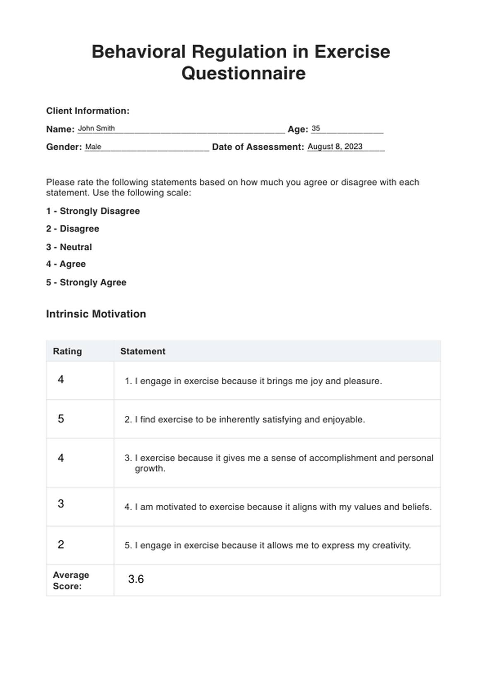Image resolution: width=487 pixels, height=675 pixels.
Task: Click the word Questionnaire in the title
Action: tap(243, 73)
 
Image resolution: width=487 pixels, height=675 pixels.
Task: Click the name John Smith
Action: tap(96, 128)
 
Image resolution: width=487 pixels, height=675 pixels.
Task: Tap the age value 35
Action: tap(316, 128)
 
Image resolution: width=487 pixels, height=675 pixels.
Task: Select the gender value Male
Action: tap(93, 147)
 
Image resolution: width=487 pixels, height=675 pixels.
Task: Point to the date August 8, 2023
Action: tap(335, 147)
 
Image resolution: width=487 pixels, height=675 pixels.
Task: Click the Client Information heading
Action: tap(88, 111)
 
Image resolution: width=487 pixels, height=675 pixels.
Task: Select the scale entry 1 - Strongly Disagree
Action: tap(93, 211)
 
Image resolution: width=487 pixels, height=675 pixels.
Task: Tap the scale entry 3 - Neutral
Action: tap(69, 247)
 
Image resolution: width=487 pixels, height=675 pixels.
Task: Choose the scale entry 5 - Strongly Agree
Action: tap(86, 282)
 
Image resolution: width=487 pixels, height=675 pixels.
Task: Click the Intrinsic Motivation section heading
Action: tap(96, 314)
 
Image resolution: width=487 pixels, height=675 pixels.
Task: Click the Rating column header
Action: tap(68, 351)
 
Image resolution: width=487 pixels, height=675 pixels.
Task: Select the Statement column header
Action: tap(143, 351)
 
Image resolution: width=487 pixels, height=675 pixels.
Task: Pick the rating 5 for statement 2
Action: tap(61, 419)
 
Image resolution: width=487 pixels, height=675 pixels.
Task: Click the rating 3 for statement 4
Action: tap(61, 504)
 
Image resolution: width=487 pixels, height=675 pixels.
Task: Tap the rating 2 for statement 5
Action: tap(61, 545)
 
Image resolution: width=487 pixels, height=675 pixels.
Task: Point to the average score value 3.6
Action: tap(136, 579)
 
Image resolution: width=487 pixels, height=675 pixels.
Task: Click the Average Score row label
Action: tap(71, 580)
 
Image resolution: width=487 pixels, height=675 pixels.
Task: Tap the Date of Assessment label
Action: tap(258, 147)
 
